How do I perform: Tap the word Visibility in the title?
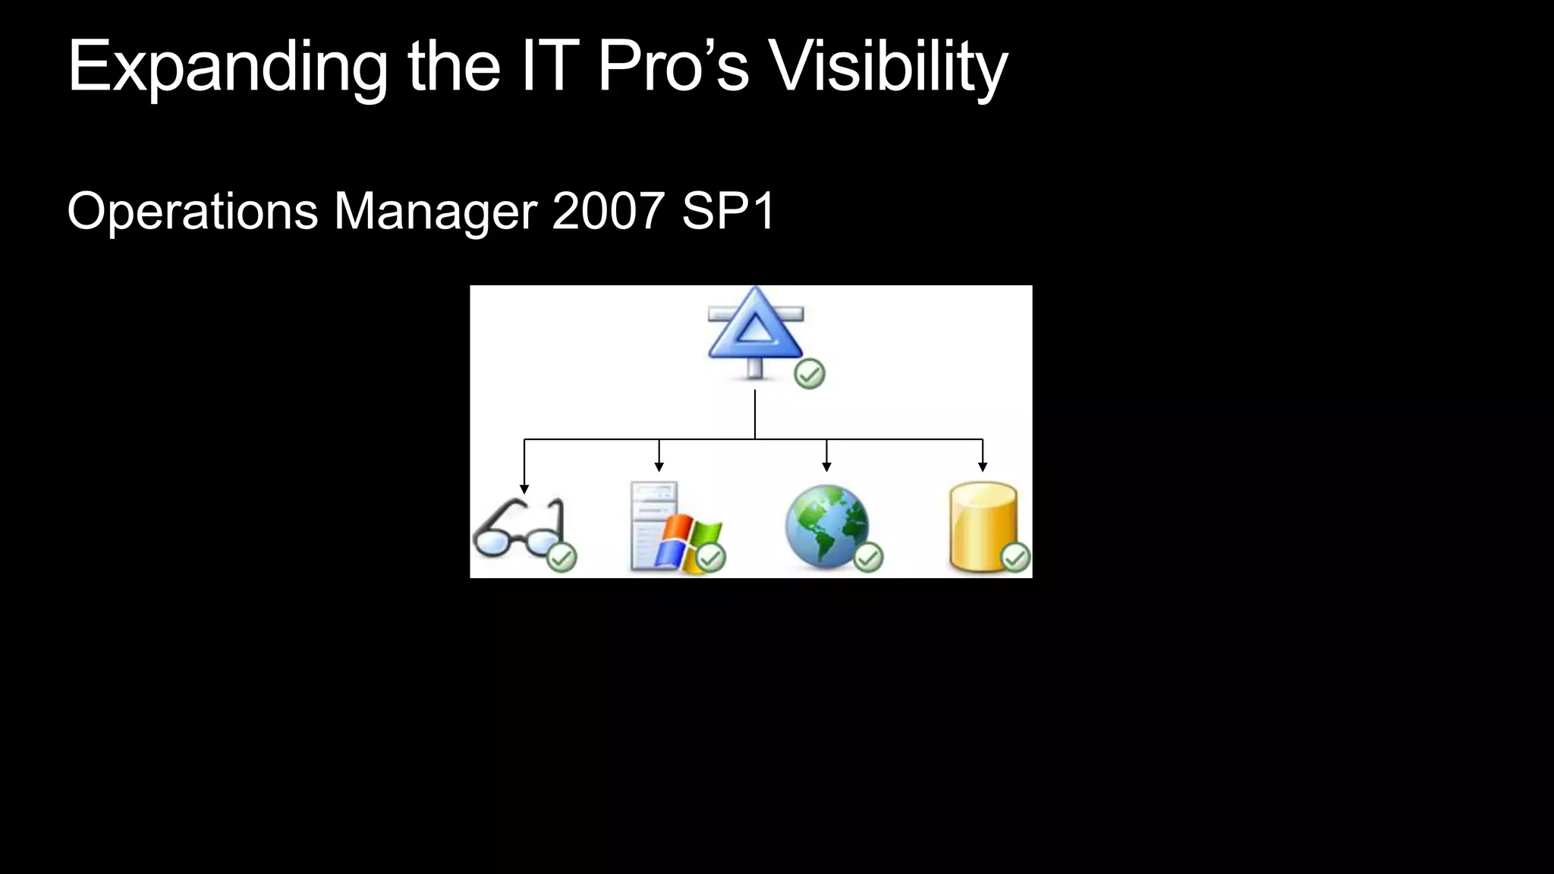[x=888, y=68]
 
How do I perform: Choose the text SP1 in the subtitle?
[x=728, y=212]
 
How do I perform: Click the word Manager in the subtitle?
[x=436, y=212]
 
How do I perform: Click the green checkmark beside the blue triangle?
[x=809, y=374]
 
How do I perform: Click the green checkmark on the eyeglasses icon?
[x=562, y=558]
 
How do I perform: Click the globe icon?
[x=826, y=526]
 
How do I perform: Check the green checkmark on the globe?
[x=868, y=558]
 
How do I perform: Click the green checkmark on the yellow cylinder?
[x=1015, y=558]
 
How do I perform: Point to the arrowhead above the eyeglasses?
[x=524, y=489]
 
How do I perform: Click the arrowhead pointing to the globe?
[x=826, y=467]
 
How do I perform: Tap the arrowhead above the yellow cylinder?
[x=983, y=467]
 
